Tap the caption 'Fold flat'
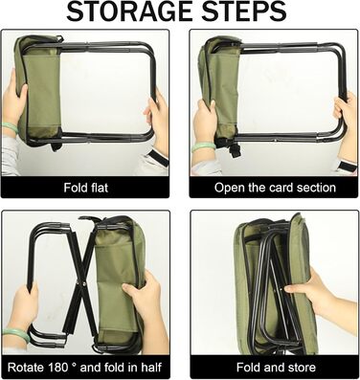click(x=86, y=188)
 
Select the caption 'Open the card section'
click(x=275, y=188)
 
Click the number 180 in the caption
click(x=58, y=368)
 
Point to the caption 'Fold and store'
click(x=276, y=368)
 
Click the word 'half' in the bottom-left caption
click(x=150, y=368)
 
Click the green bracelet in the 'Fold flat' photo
click(x=10, y=128)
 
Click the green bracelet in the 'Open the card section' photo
click(x=204, y=146)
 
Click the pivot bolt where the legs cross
click(x=84, y=281)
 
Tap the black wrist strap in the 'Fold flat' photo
click(x=158, y=157)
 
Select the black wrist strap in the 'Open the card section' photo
click(x=347, y=166)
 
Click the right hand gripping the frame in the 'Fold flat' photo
click(x=157, y=123)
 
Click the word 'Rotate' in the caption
click(x=26, y=368)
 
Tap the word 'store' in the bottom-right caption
click(x=301, y=368)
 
